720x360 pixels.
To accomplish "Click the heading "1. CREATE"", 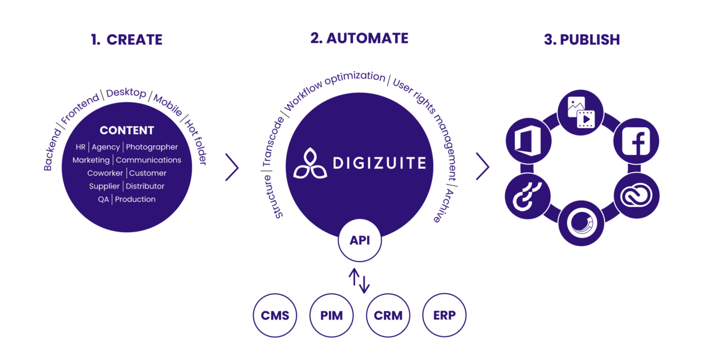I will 127,40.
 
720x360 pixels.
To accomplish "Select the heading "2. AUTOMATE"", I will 359,38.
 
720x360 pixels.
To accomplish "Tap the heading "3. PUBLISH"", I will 582,40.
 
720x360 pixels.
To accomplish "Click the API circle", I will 359,241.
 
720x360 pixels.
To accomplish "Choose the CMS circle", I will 275,315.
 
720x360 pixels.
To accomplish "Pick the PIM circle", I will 331,315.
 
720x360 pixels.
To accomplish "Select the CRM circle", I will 388,315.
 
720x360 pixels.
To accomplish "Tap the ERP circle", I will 444,315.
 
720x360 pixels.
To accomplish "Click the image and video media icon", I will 581,112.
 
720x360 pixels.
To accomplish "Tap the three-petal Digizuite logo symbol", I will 309,164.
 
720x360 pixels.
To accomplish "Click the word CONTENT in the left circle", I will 127,130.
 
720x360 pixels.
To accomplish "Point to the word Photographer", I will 152,147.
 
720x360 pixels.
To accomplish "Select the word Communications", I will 148,160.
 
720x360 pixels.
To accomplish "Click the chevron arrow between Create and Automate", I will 232,167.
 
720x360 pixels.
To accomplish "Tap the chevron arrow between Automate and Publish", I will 483,167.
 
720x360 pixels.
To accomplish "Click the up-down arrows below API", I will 359,280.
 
